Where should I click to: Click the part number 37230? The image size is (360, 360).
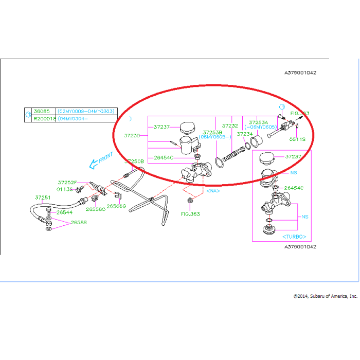[132, 136]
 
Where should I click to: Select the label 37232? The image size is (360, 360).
[230, 125]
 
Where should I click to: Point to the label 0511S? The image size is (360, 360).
[297, 139]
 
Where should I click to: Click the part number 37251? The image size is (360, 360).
[43, 197]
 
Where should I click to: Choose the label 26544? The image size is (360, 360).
[65, 212]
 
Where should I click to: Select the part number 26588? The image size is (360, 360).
[79, 223]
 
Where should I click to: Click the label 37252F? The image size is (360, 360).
[67, 182]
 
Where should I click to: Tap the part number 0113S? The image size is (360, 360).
[65, 189]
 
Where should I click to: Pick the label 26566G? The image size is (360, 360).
[116, 206]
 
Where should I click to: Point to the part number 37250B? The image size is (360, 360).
[135, 161]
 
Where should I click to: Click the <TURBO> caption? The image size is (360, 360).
[295, 237]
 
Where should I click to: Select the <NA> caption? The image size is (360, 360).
[213, 190]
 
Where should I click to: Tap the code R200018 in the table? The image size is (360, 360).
[44, 118]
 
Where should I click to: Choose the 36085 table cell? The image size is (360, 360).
[41, 111]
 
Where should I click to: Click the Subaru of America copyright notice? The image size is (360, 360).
[325, 296]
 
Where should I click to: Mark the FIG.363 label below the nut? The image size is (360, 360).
[190, 214]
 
